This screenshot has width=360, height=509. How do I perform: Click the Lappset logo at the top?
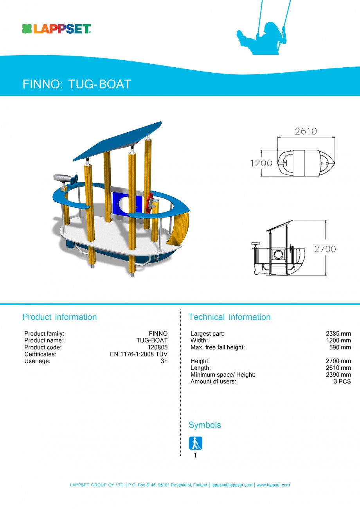pyautogui.click(x=57, y=29)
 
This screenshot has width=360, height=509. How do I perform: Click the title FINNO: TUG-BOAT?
pyautogui.click(x=77, y=84)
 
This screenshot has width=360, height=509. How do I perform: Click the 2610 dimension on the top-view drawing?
pyautogui.click(x=306, y=131)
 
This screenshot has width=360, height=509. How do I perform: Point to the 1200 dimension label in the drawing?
pyautogui.click(x=261, y=162)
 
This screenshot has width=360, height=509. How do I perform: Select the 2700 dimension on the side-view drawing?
pyautogui.click(x=325, y=248)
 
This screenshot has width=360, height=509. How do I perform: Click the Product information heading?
pyautogui.click(x=59, y=317)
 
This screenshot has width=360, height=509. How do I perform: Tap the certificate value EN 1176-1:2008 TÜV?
pyautogui.click(x=139, y=354)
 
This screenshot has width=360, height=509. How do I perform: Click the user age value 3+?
pyautogui.click(x=164, y=361)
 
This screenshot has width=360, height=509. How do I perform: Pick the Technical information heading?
pyautogui.click(x=229, y=317)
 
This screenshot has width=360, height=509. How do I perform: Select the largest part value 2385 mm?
pyautogui.click(x=338, y=334)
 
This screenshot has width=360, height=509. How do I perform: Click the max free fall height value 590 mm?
pyautogui.click(x=340, y=347)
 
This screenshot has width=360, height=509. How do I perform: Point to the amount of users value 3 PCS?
pyautogui.click(x=342, y=381)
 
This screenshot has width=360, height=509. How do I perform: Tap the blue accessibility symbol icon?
pyautogui.click(x=195, y=443)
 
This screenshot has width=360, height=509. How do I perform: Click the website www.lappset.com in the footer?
pyautogui.click(x=273, y=485)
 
